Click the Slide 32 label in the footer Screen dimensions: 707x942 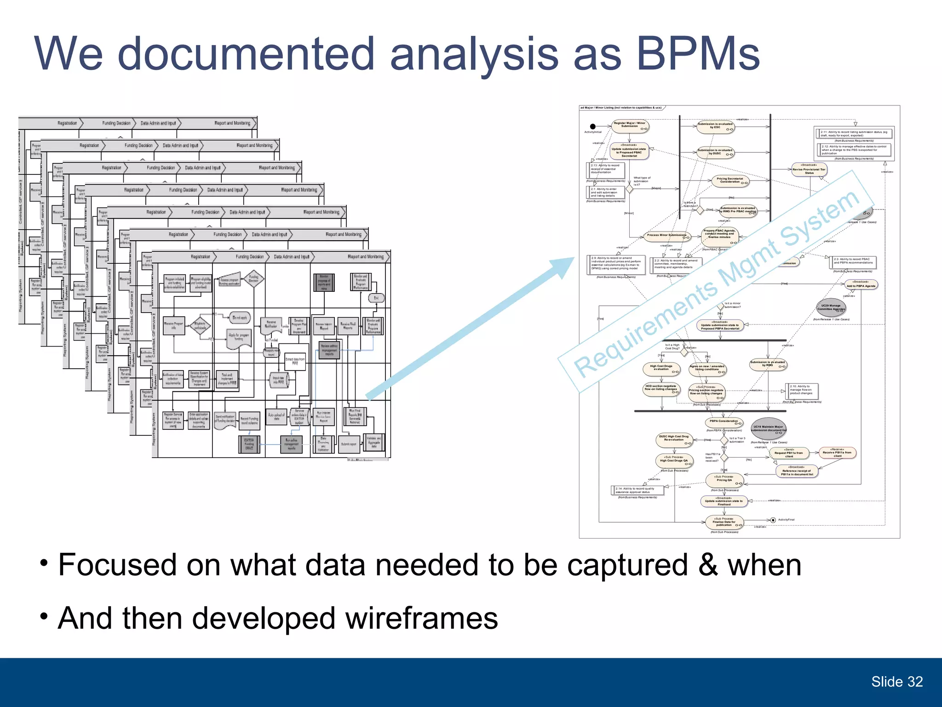896,681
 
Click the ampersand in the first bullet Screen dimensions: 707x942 708,565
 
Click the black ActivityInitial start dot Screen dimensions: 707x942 593,126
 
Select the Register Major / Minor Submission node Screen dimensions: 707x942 630,125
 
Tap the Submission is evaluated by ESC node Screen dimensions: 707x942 715,126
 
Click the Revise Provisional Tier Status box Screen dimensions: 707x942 809,170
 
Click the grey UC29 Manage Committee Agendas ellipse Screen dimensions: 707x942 831,307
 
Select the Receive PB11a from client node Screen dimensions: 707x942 837,453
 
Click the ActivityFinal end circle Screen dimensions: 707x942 773,520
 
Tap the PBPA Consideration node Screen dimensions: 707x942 724,422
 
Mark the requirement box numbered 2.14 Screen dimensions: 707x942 637,491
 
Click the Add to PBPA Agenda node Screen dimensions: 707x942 861,285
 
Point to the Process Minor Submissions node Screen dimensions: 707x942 666,236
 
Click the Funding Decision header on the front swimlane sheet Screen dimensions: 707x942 249,257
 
